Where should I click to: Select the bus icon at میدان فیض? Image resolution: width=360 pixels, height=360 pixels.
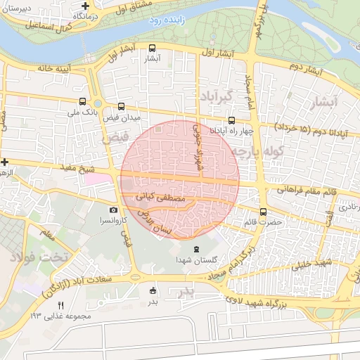[122, 107]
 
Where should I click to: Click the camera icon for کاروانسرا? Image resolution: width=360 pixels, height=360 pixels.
[114, 210]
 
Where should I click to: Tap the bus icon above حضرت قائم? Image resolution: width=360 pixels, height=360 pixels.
[264, 212]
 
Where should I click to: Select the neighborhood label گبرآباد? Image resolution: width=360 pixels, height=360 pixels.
[215, 95]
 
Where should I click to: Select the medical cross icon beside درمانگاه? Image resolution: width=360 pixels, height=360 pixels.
[85, 4]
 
